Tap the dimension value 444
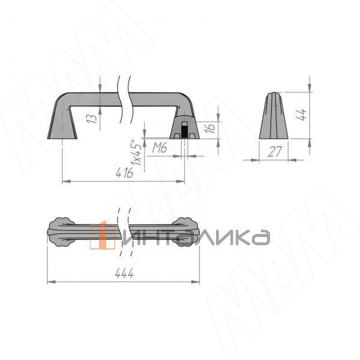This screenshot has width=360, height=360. coord(124,274)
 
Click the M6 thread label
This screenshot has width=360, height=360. coord(159,148)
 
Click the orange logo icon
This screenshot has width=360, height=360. coord(102,236)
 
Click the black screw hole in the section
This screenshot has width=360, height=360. coord(185,129)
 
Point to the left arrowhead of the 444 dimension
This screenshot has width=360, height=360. coord(50,281)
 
